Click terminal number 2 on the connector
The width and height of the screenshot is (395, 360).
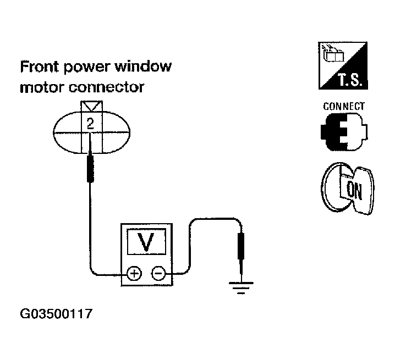point(90,124)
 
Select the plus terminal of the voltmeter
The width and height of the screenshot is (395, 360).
point(134,273)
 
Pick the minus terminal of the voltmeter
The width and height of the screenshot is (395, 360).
point(158,273)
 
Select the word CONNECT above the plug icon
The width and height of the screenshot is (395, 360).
point(344,106)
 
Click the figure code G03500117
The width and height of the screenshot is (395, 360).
point(56,315)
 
